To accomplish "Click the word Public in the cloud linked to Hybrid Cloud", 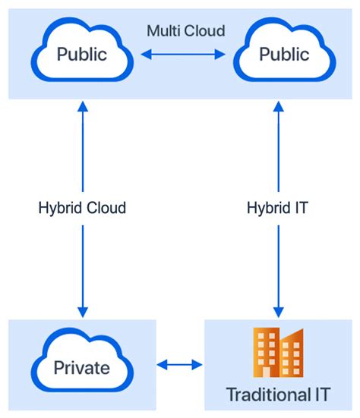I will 82,55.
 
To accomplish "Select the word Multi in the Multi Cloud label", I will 164,30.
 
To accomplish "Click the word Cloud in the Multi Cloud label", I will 207,30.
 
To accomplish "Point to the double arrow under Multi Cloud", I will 182,55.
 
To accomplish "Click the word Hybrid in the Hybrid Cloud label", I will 58,207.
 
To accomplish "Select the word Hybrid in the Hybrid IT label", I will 268,207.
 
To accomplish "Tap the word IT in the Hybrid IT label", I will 301,207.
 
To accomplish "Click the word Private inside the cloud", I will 81,369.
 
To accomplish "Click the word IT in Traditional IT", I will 324,394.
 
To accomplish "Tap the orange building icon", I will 279,353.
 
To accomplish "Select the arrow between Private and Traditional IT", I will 180,366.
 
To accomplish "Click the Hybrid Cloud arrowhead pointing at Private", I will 82,312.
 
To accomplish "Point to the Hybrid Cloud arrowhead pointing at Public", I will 82,107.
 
